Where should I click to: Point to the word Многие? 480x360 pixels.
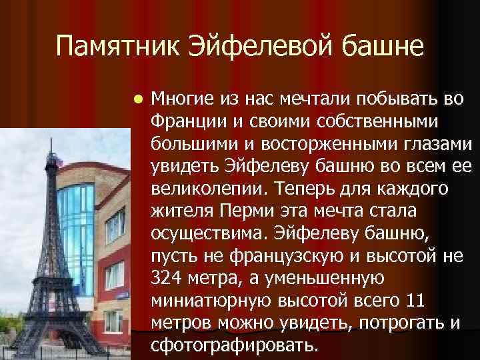[179, 101]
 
